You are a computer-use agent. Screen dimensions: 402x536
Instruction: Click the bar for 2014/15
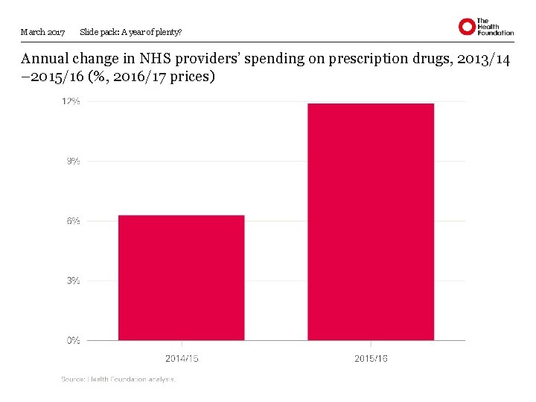(x=181, y=278)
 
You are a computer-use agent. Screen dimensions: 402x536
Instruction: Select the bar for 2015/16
(x=371, y=222)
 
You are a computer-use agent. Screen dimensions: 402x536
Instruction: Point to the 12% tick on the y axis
(x=71, y=101)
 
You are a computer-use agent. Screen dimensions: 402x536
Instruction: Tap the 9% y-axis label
(x=73, y=161)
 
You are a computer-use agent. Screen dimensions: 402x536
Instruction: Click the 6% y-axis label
(x=73, y=221)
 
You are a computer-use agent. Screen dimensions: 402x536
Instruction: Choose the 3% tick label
(x=73, y=281)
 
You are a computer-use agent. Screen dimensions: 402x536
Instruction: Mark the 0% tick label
(x=73, y=341)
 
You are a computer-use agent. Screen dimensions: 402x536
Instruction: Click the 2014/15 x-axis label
(x=181, y=359)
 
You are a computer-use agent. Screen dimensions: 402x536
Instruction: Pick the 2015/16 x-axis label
(x=371, y=359)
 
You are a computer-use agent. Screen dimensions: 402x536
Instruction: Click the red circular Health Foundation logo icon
(x=467, y=27)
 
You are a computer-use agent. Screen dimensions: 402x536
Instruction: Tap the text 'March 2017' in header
(x=43, y=32)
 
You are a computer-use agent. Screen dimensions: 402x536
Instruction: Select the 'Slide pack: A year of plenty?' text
(x=130, y=32)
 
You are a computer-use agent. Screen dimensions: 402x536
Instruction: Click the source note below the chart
(x=118, y=380)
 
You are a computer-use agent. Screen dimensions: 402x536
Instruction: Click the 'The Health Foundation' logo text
(x=495, y=27)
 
